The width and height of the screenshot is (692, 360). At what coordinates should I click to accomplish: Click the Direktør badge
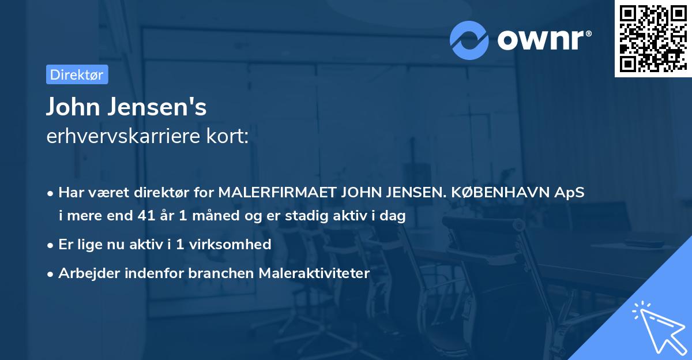click(77, 74)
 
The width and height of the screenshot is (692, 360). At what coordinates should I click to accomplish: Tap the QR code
click(653, 38)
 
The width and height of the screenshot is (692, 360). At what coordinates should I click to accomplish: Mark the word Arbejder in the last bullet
click(83, 273)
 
